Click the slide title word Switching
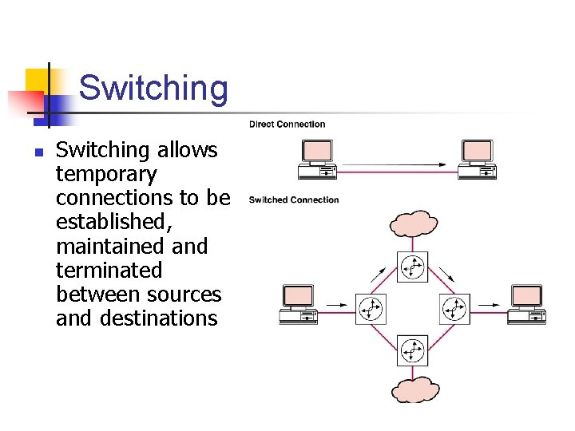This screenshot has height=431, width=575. point(153,88)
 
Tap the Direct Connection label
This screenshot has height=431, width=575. point(287,124)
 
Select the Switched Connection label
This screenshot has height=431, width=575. point(294,200)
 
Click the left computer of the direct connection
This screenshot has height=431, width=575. point(317,160)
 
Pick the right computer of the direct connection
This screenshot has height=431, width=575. point(477,160)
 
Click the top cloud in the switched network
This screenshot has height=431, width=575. point(413,223)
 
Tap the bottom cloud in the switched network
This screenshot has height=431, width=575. point(414,390)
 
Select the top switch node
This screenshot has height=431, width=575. point(413,267)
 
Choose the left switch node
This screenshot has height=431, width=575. point(370,309)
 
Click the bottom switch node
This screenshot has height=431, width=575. point(413,350)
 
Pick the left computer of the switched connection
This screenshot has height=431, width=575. point(298,304)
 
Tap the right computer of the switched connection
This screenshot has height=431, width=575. point(526,304)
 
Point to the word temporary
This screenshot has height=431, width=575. point(106,175)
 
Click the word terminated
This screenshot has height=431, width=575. point(109,271)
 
